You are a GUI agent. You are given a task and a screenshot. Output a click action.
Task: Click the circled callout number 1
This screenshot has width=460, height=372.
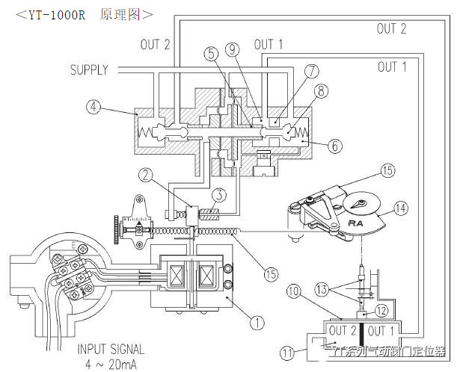257,323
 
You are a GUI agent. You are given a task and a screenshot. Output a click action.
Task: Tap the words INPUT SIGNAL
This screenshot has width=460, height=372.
111,349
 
